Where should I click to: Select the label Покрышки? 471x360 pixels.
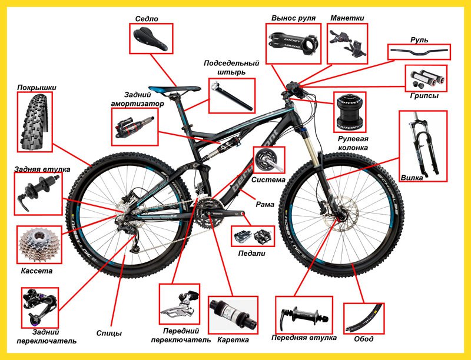pyautogui.click(x=37, y=88)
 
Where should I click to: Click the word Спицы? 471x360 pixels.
pyautogui.click(x=109, y=334)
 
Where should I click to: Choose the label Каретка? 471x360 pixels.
pyautogui.click(x=233, y=340)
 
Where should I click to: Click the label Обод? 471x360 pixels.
pyautogui.click(x=363, y=339)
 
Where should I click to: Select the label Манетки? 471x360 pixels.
pyautogui.click(x=347, y=18)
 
